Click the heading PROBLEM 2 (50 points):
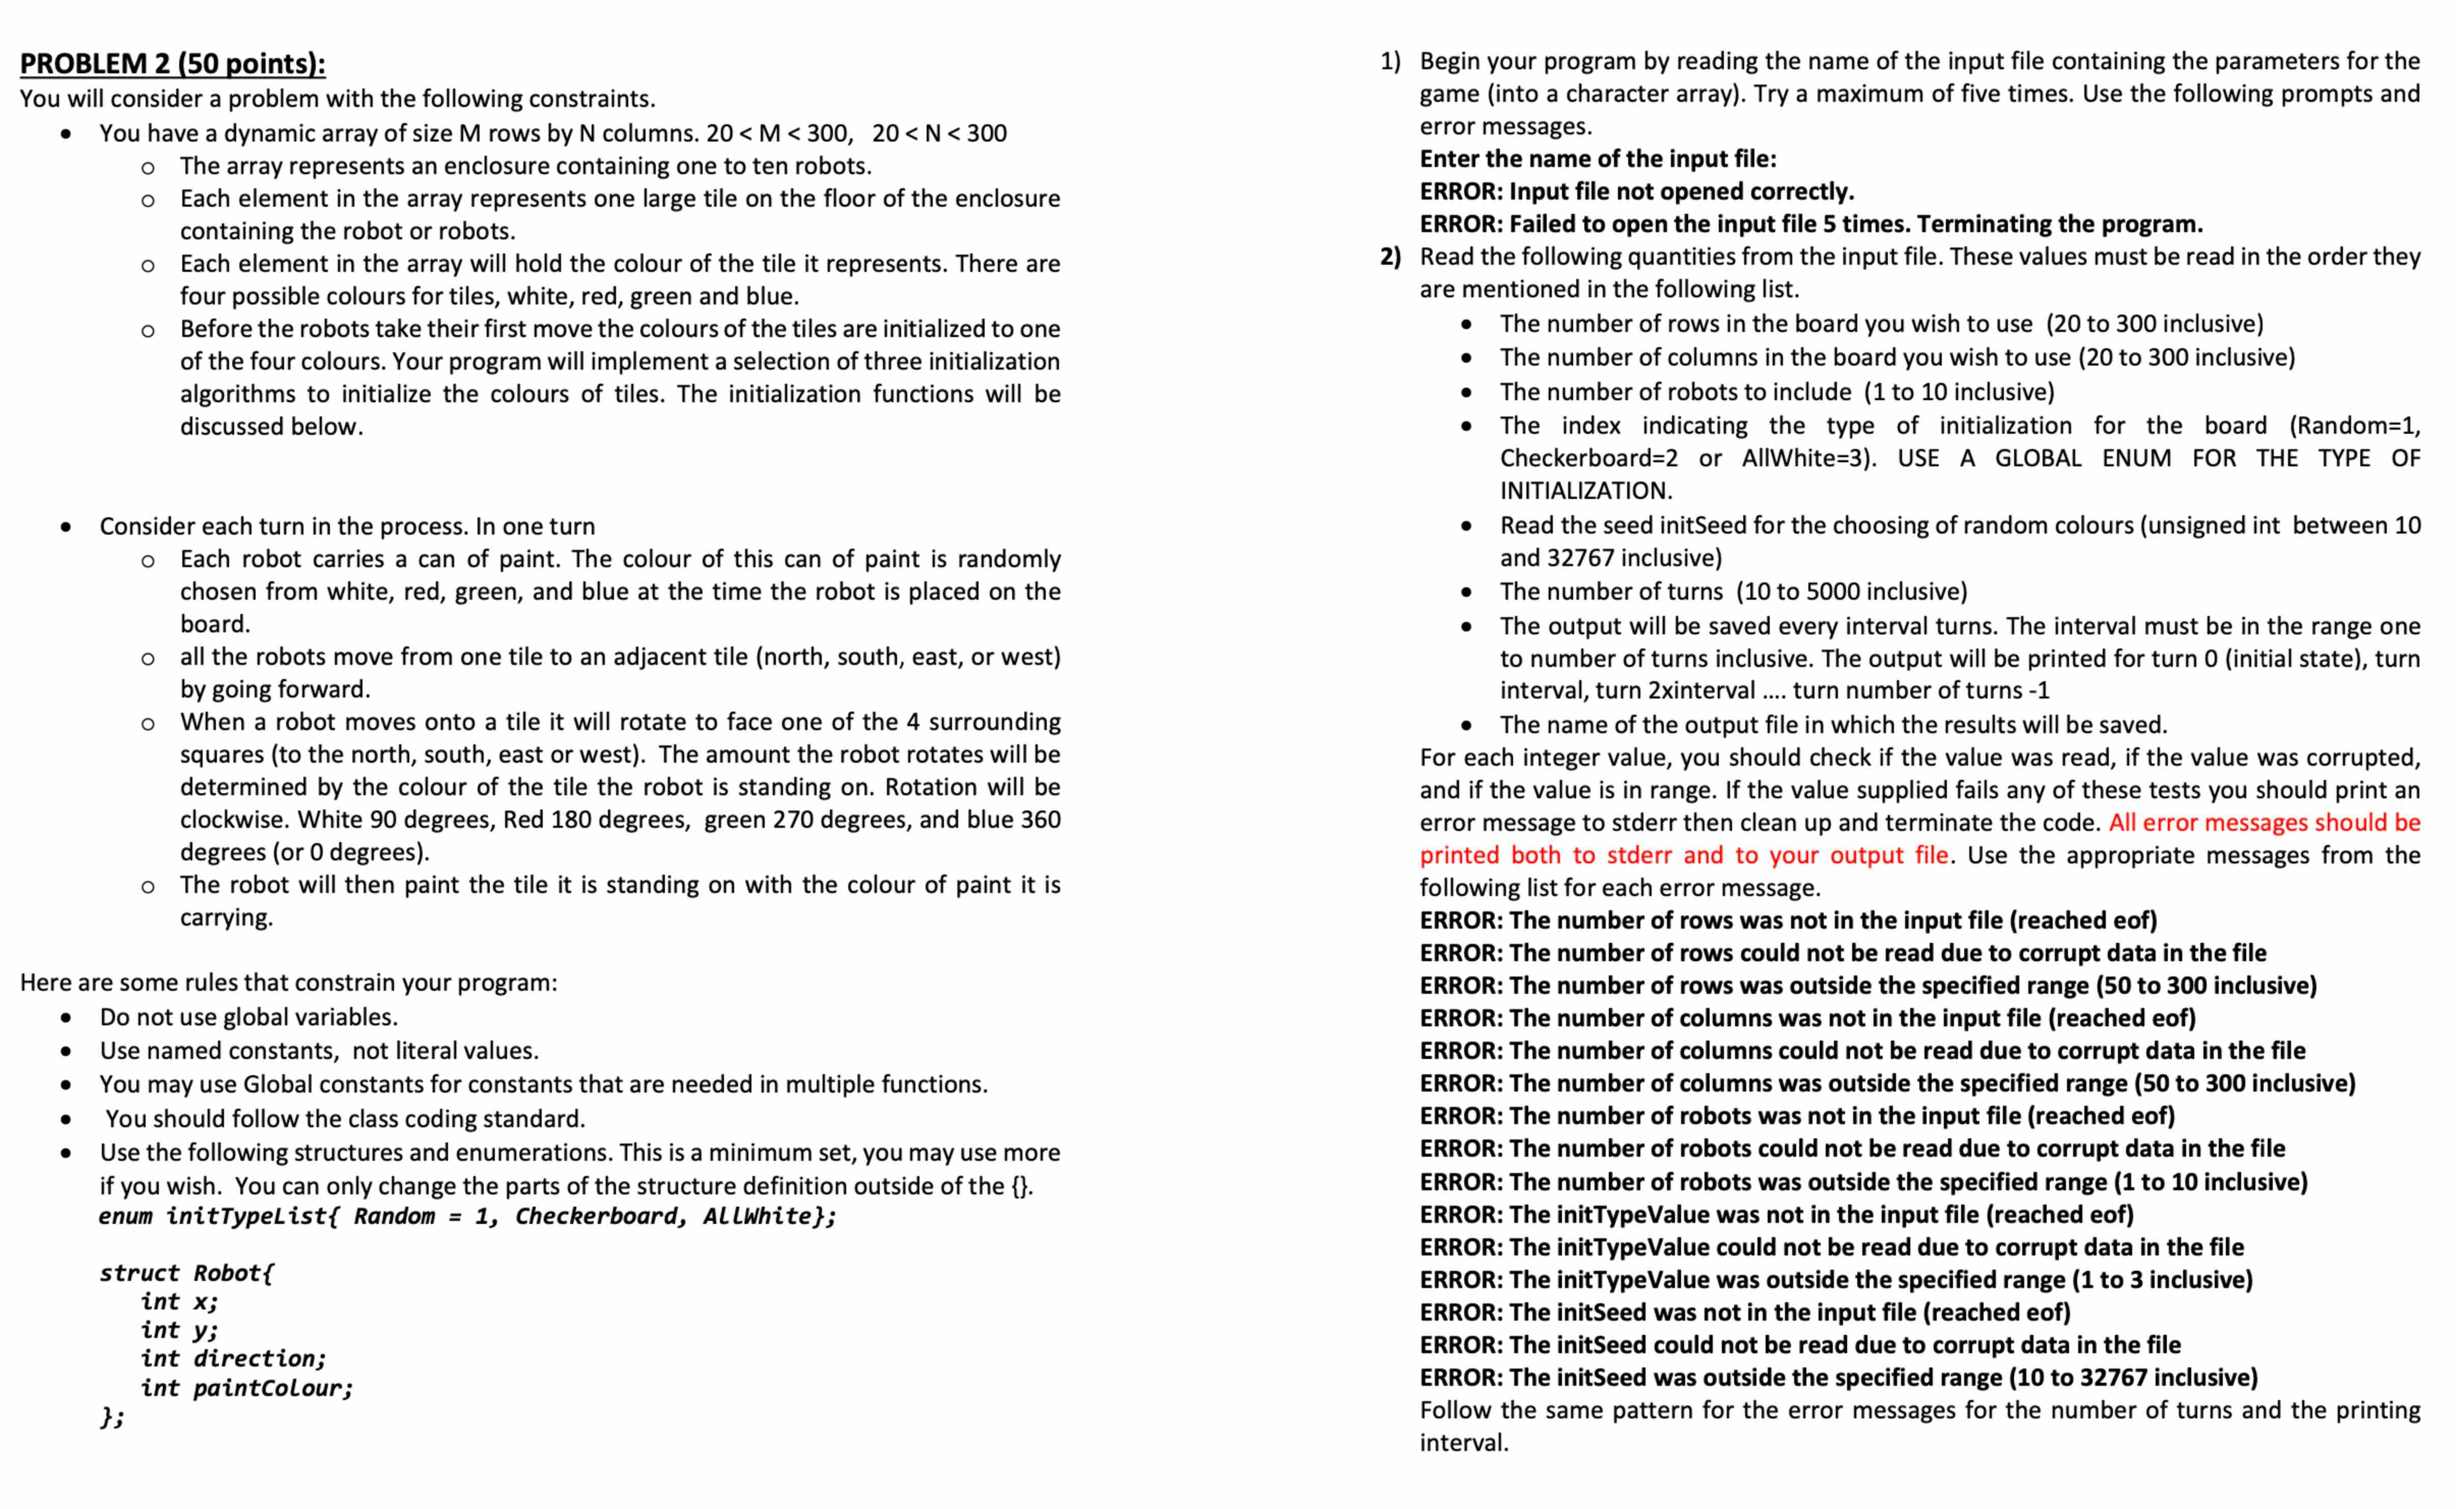[x=173, y=63]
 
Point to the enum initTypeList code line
[x=467, y=1216]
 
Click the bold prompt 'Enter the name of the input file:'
[x=1598, y=159]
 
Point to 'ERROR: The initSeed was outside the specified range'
[x=1838, y=1377]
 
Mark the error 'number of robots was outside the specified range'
[x=1863, y=1182]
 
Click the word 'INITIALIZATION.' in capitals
[x=1586, y=490]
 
